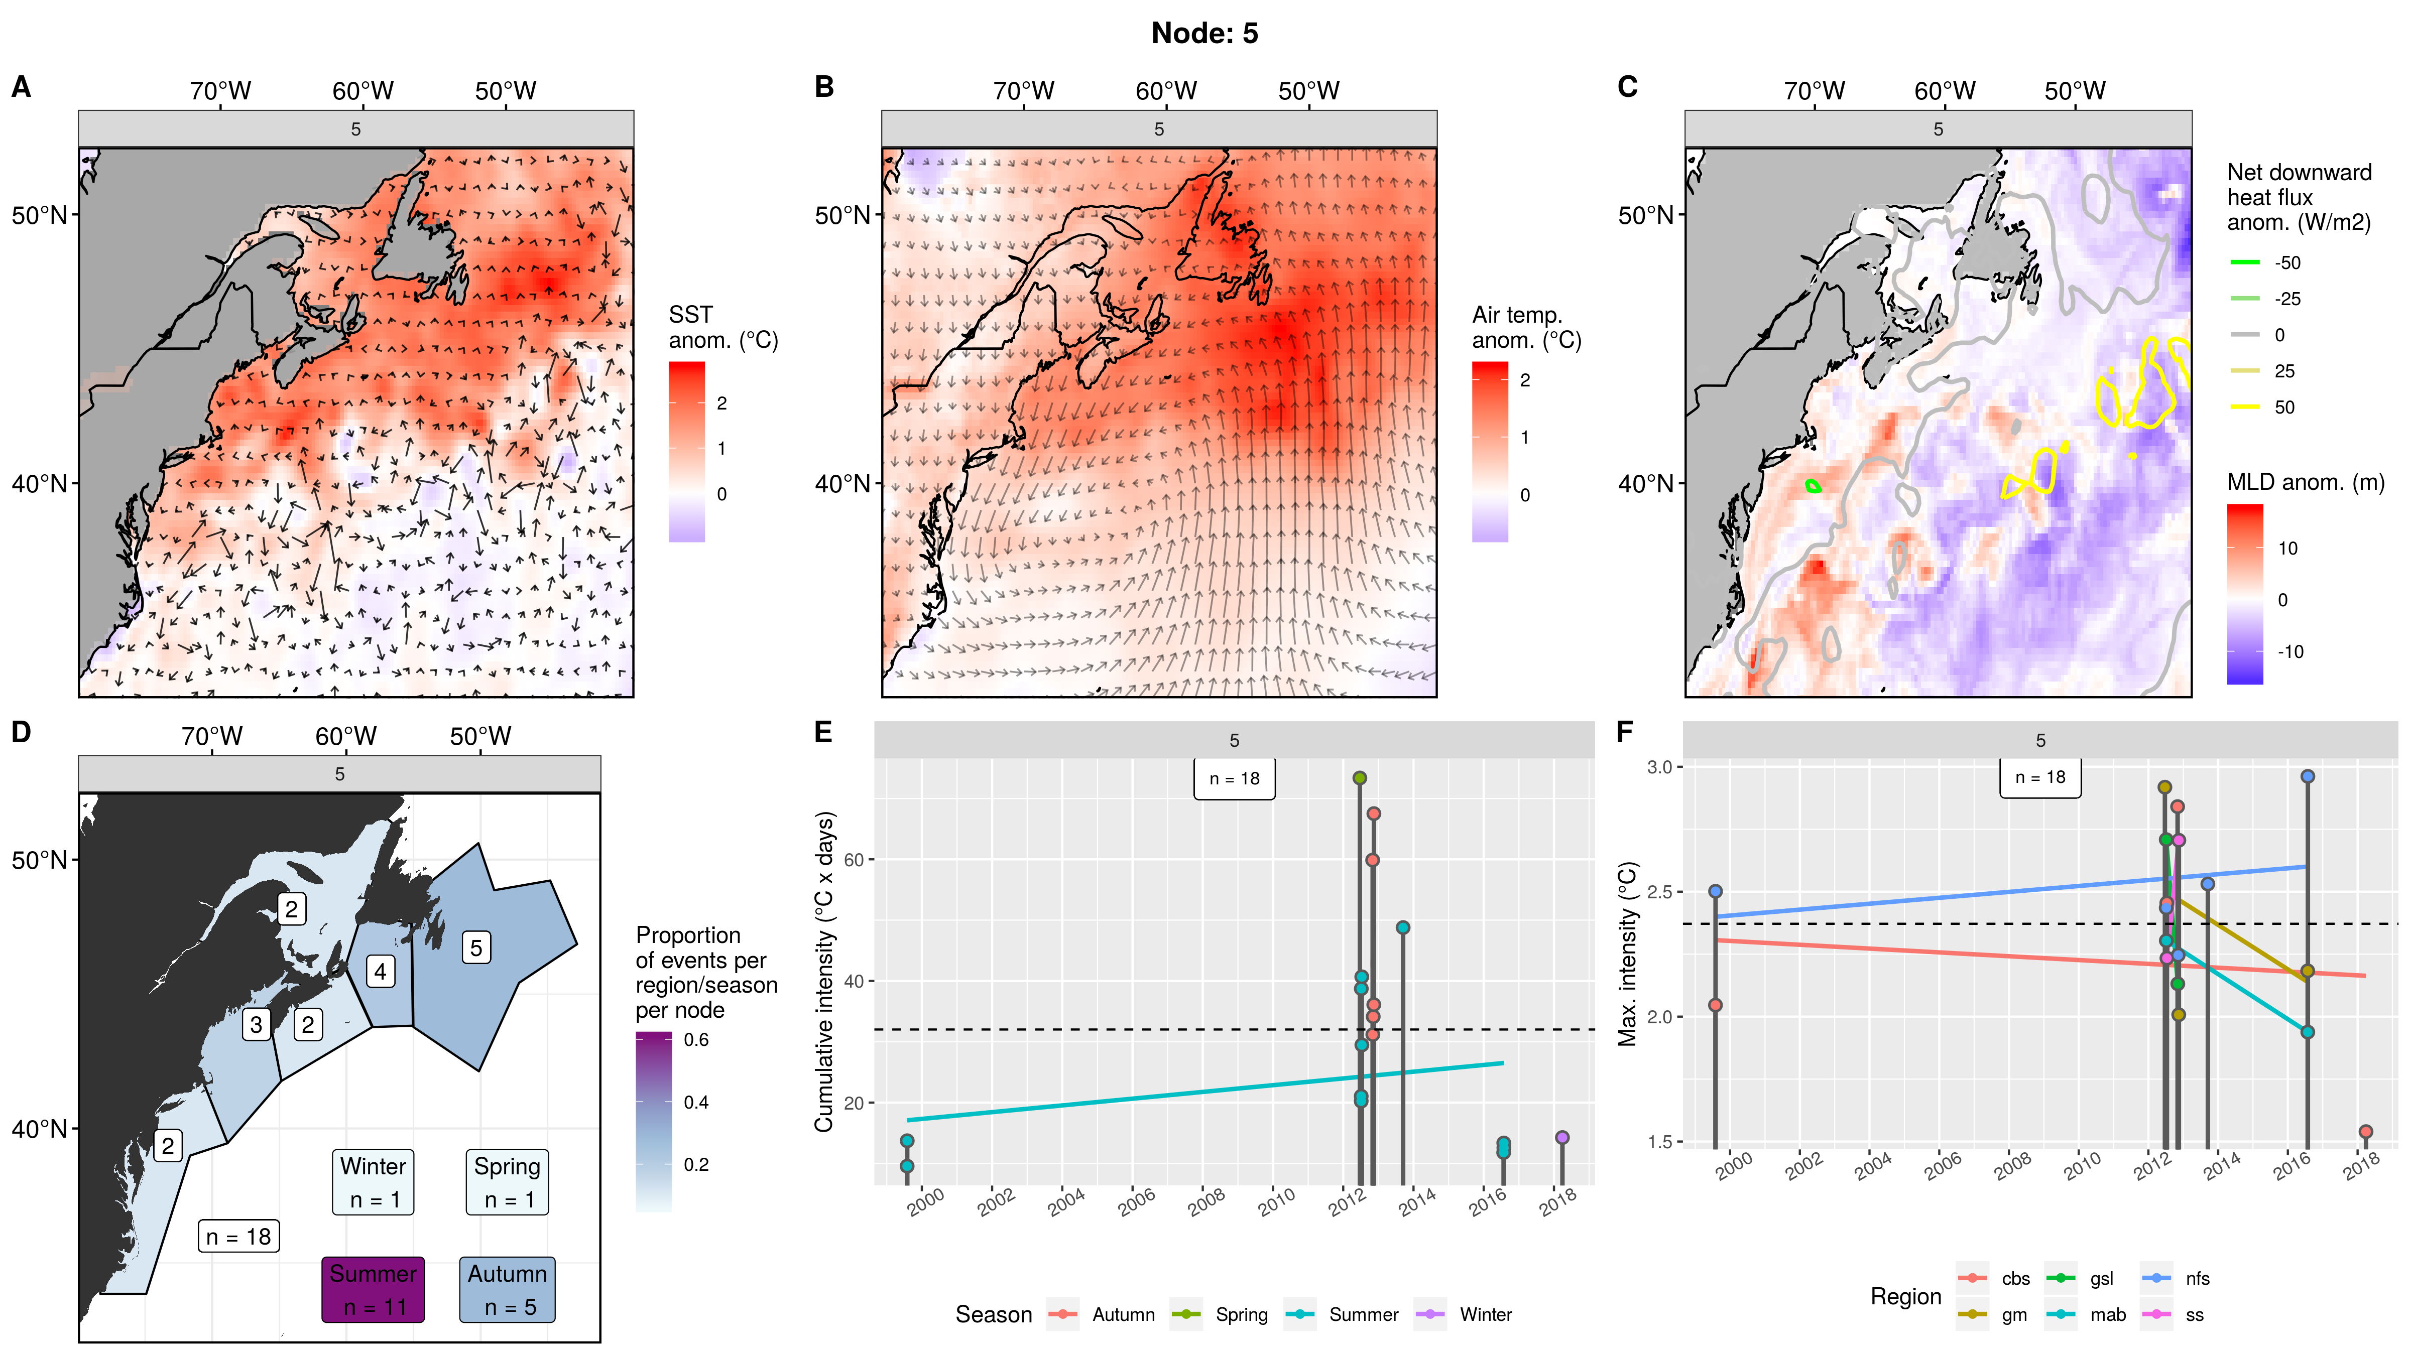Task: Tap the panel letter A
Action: [x=21, y=87]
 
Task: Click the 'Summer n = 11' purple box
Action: [x=373, y=1290]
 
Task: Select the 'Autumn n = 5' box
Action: [x=507, y=1290]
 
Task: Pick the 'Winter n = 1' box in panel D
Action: [x=373, y=1182]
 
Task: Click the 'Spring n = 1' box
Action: [x=507, y=1182]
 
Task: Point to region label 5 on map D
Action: [x=476, y=947]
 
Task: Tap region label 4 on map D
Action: [x=380, y=972]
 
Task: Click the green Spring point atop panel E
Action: [x=1359, y=778]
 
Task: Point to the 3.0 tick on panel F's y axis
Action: [x=1659, y=767]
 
